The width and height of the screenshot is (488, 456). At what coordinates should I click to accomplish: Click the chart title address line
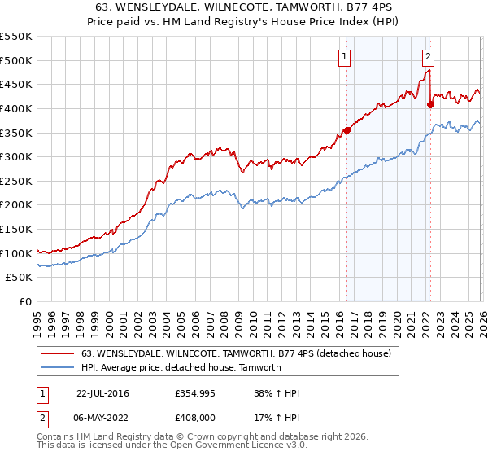coord(244,7)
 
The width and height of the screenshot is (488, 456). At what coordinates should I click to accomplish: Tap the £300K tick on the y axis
coord(17,156)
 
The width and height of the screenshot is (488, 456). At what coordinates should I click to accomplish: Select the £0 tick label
coord(25,302)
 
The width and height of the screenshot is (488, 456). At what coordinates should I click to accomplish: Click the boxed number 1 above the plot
coord(346,56)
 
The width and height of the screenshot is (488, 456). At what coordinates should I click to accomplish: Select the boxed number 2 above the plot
coord(428,56)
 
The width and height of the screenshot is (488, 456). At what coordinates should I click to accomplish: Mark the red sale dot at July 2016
coord(346,130)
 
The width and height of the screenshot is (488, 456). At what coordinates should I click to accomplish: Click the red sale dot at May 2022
coord(430,104)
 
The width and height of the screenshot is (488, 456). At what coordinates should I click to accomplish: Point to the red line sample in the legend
coord(58,353)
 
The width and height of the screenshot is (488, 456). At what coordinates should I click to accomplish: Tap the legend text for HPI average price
coord(181,367)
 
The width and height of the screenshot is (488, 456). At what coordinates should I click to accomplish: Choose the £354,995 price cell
coord(199,393)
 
